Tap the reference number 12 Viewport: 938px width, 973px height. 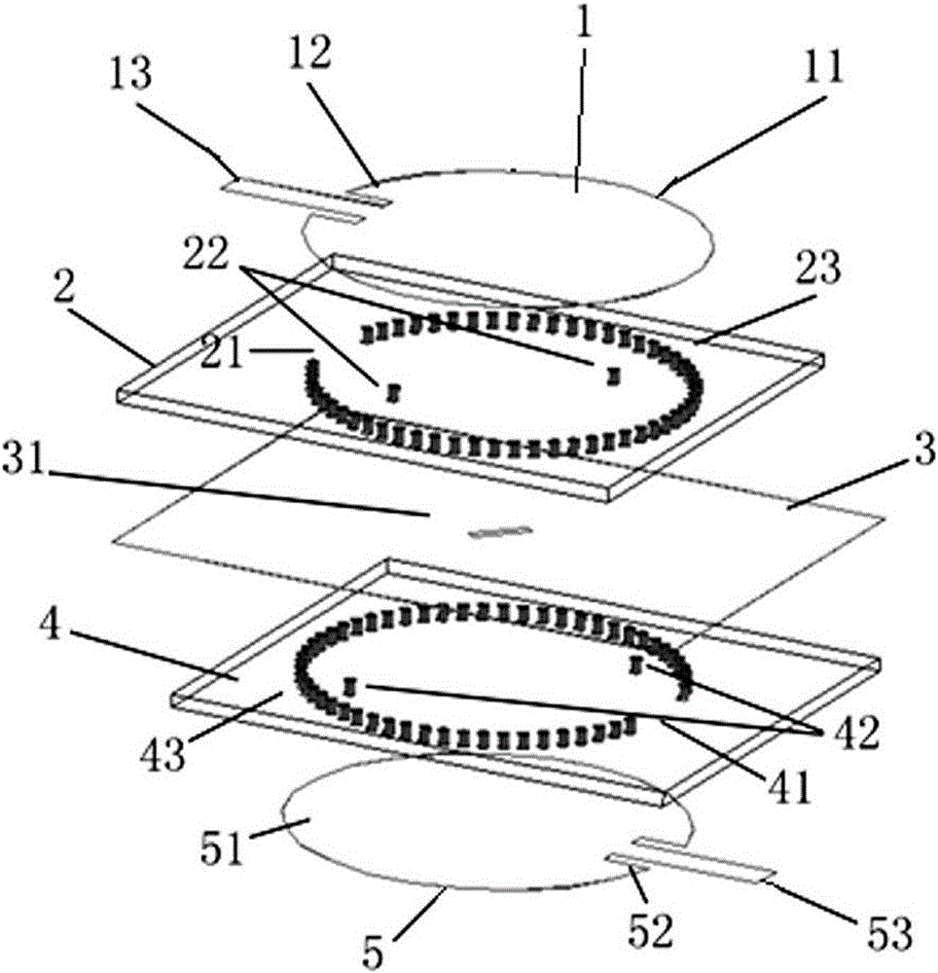pyautogui.click(x=310, y=52)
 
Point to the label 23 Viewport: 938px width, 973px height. pyautogui.click(x=819, y=268)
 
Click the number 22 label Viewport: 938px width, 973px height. pyautogui.click(x=204, y=252)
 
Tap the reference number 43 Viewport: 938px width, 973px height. pyautogui.click(x=163, y=753)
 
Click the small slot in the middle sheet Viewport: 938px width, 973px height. pyautogui.click(x=500, y=531)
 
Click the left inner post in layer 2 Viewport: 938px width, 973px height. pyautogui.click(x=392, y=393)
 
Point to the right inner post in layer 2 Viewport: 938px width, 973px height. pyautogui.click(x=613, y=376)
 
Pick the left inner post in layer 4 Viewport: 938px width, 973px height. pyautogui.click(x=350, y=686)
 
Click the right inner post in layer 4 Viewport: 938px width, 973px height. pyautogui.click(x=634, y=666)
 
